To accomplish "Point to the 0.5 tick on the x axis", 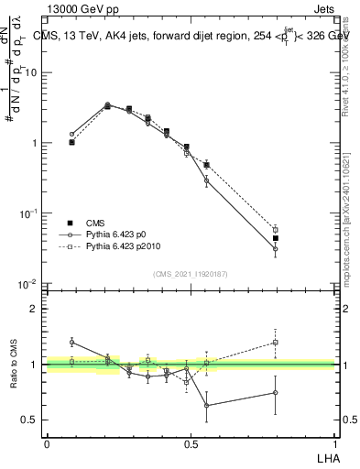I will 191,443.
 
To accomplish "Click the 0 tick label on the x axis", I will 47,443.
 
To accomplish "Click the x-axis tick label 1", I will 334,443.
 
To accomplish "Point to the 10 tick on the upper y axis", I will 34,72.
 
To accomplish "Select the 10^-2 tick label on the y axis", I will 30,284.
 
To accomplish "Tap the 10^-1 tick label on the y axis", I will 30,213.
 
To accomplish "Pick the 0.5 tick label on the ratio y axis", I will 32,420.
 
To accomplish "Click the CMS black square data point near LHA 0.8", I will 275,238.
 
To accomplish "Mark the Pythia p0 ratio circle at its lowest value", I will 207,405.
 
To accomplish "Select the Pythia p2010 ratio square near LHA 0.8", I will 275,343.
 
